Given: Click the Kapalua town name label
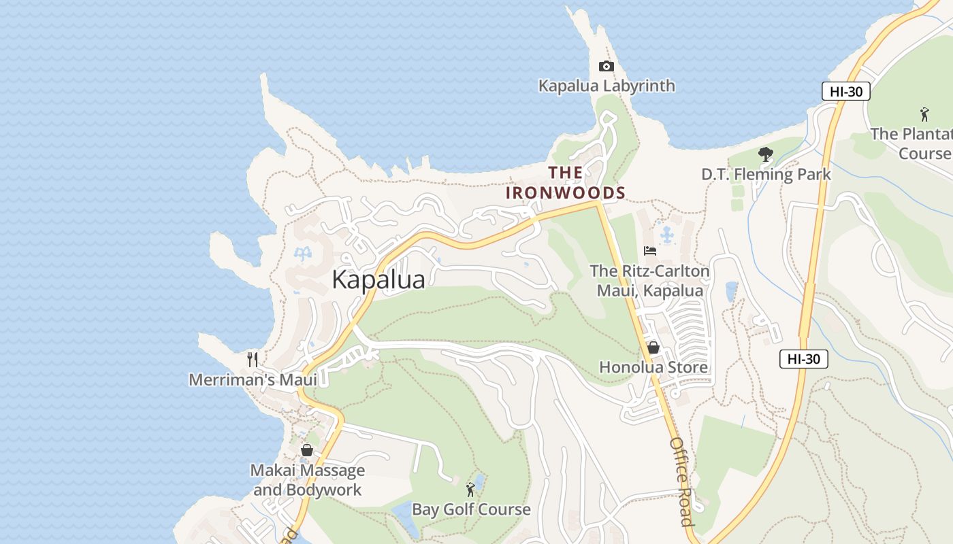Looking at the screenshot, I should (x=378, y=279).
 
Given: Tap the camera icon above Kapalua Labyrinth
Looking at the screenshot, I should (x=606, y=66).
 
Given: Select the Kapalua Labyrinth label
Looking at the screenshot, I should (x=607, y=86).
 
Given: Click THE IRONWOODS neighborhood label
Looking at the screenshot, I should (x=565, y=183).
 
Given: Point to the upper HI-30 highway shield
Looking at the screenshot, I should (x=845, y=91).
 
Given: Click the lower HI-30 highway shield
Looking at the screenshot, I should (x=803, y=359).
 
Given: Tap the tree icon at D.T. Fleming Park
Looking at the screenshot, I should (x=766, y=154).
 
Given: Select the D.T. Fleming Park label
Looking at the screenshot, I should (x=766, y=175).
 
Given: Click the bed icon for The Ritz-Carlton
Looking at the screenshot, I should (x=650, y=251).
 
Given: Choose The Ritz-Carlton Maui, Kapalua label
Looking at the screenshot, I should (x=649, y=281).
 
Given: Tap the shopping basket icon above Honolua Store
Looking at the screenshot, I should (x=653, y=347).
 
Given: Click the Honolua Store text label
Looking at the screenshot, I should (x=653, y=367).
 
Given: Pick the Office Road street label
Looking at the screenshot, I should (x=681, y=481).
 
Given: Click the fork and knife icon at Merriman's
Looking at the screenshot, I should (x=253, y=359).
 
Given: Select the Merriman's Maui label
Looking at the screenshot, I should (x=253, y=379).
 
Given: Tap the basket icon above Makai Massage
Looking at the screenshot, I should (x=307, y=450).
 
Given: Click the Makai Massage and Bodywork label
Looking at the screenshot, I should (x=308, y=480).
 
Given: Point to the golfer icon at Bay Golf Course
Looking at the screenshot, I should (x=470, y=489).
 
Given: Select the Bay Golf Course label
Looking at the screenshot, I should (x=471, y=509).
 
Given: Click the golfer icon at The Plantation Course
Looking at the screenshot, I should (x=924, y=114).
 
